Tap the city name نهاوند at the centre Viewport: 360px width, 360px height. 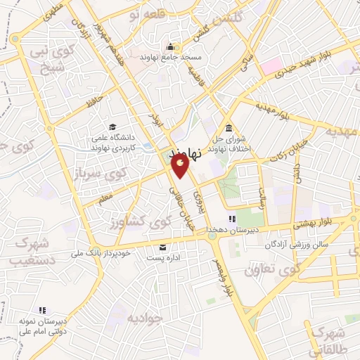[191, 151]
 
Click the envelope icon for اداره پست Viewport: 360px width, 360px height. [163, 247]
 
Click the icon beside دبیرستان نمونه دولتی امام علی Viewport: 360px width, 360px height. [41, 310]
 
